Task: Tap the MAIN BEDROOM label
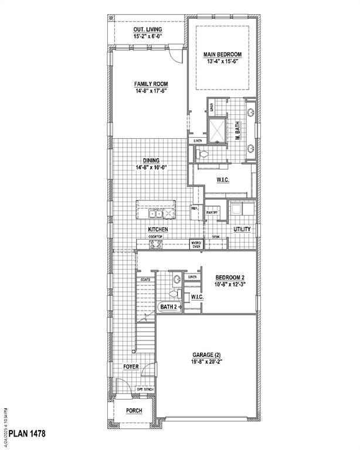click(222, 54)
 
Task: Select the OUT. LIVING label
click(148, 29)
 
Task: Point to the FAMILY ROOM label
click(151, 84)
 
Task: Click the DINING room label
click(151, 161)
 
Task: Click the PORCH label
click(134, 410)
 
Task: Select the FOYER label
click(131, 367)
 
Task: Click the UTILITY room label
click(242, 229)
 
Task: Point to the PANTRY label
click(212, 213)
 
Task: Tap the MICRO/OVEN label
click(197, 244)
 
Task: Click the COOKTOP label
click(155, 236)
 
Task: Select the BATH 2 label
click(169, 306)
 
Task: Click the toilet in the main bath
click(203, 154)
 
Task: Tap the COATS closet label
click(145, 279)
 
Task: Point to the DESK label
click(216, 237)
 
